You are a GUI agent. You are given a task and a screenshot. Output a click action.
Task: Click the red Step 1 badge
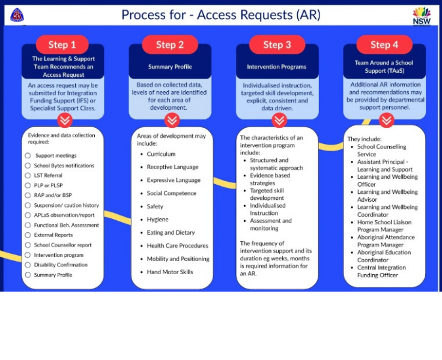click(62, 44)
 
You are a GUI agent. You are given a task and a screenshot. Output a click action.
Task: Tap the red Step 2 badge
click(170, 44)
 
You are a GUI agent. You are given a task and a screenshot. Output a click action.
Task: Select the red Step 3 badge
click(277, 44)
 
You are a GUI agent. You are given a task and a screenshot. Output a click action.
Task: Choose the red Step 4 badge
click(384, 44)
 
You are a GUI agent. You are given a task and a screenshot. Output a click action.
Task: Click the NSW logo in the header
click(421, 16)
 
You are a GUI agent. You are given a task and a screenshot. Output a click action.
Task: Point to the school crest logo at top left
click(17, 15)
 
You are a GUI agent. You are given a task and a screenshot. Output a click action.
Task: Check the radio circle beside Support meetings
click(28, 155)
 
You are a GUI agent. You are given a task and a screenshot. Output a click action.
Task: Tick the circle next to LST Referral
click(28, 175)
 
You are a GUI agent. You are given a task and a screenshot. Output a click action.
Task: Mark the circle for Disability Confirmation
click(28, 265)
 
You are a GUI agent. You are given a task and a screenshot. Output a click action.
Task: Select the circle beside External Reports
click(28, 235)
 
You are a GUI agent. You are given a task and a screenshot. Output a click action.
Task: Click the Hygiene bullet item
click(157, 220)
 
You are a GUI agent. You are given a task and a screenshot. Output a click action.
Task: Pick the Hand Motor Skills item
click(170, 272)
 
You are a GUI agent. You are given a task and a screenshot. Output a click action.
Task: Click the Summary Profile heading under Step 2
click(170, 67)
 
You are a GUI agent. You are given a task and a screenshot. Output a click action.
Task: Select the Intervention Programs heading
click(277, 67)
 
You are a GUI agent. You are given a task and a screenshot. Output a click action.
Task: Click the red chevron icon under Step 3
click(279, 121)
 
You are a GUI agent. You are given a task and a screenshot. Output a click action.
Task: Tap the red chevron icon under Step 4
click(386, 121)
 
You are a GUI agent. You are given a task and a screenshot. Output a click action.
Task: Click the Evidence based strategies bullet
click(270, 179)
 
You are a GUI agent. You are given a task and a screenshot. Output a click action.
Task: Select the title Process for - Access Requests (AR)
click(221, 15)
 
